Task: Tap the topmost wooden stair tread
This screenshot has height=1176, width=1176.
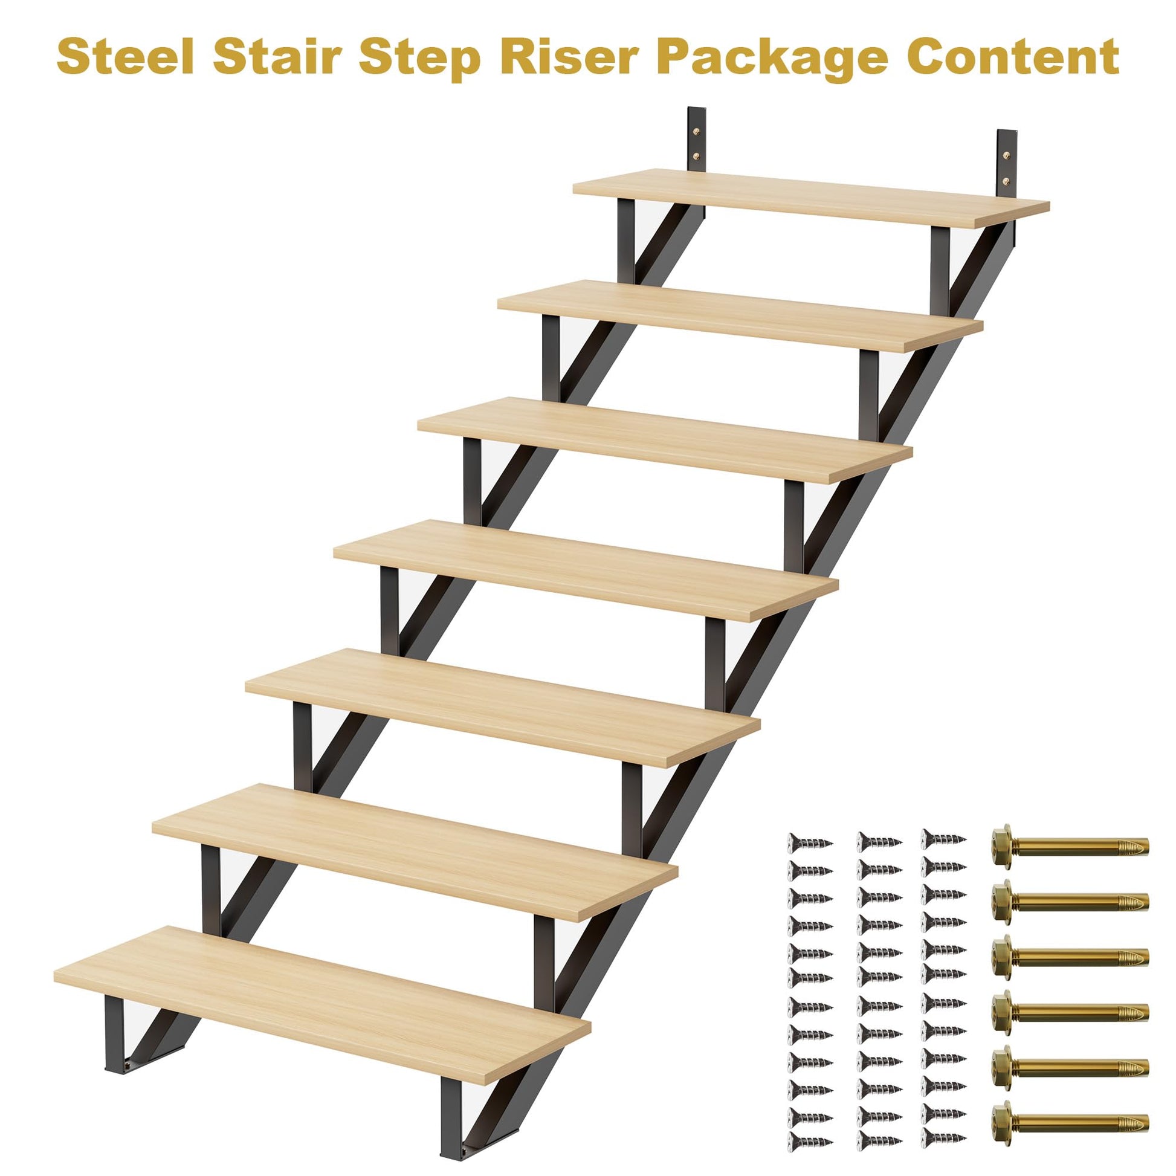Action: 811,198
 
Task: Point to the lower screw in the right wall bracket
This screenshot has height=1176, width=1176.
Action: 1007,181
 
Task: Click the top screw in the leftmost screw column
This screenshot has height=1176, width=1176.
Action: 810,842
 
